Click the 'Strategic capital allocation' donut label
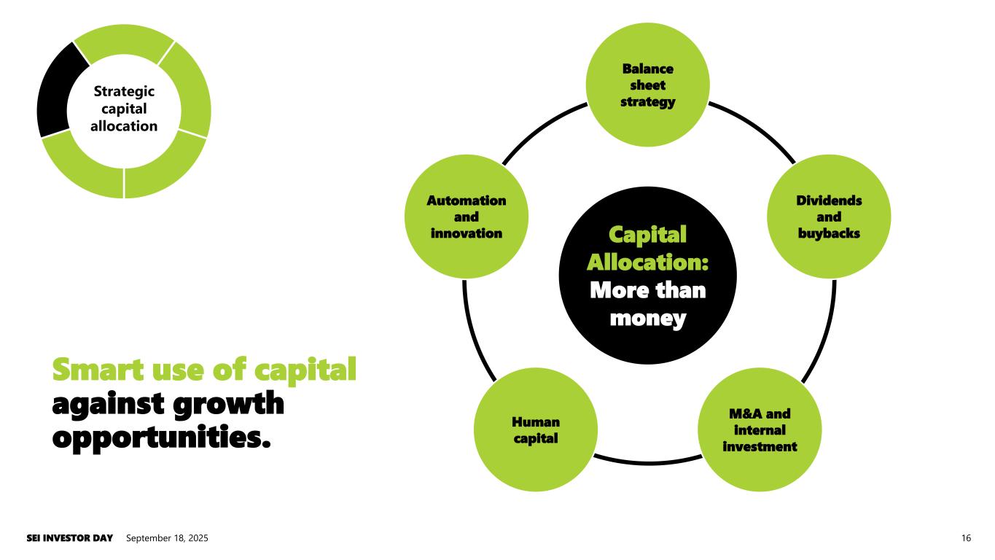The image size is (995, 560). (124, 109)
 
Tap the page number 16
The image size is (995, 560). (966, 538)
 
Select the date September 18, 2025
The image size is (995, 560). (167, 538)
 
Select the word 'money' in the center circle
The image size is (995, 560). (648, 318)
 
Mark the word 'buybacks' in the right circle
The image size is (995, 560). (829, 233)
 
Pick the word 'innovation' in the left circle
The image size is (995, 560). (466, 233)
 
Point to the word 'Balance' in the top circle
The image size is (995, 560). (648, 69)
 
